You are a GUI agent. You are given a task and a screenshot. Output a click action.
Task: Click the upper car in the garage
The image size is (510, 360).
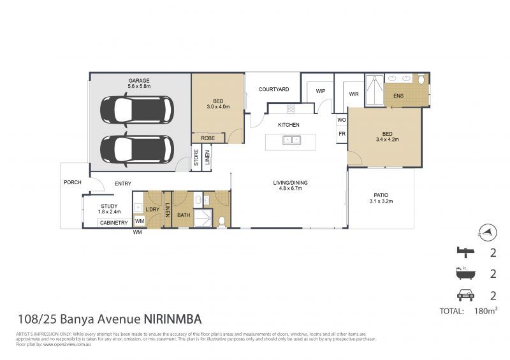coord(136,110)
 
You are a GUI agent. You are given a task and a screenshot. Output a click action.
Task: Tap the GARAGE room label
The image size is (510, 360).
coord(138,81)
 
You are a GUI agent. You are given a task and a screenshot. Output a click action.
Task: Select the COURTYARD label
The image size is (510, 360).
coord(274,89)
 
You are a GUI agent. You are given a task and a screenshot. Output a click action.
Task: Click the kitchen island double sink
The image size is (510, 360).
coord(292,140)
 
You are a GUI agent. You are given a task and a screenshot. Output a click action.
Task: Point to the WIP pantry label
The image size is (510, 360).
coord(321,91)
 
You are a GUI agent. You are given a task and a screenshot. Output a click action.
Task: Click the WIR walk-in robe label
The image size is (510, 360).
coord(354,94)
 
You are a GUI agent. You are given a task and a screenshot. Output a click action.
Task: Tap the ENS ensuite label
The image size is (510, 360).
coord(398,96)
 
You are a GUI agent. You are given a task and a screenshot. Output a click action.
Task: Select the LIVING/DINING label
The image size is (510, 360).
coord(291,183)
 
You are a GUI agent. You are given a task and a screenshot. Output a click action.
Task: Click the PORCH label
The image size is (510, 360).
coord(73,182)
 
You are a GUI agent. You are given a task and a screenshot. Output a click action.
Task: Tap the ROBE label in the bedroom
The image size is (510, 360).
coord(207,138)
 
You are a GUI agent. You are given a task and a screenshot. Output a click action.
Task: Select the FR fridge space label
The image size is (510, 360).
coord(342,134)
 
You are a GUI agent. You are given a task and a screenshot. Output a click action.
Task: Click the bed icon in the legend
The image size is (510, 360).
coord(464,252)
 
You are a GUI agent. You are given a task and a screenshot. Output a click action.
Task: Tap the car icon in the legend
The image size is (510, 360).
coord(464,295)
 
